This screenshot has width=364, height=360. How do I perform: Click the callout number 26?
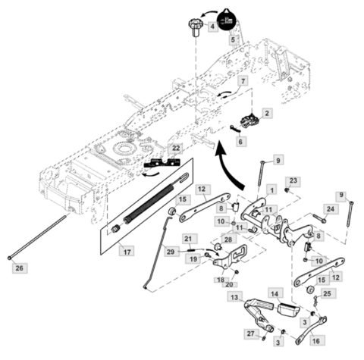click(x=20, y=268)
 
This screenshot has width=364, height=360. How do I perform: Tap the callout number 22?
click(x=176, y=148)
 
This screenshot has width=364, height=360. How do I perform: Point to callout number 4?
click(x=211, y=27)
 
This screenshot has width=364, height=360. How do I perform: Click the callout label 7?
click(x=242, y=80)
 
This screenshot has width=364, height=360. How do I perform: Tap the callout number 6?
click(x=240, y=141)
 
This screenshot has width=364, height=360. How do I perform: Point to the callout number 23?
click(x=293, y=180)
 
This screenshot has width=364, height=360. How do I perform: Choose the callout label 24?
click(x=331, y=209)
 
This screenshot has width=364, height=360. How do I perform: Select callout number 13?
click(x=236, y=297)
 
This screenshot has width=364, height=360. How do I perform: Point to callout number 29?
click(x=171, y=251)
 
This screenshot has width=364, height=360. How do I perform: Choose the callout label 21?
click(x=190, y=239)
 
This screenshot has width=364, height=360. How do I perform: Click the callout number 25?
click(x=328, y=293)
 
